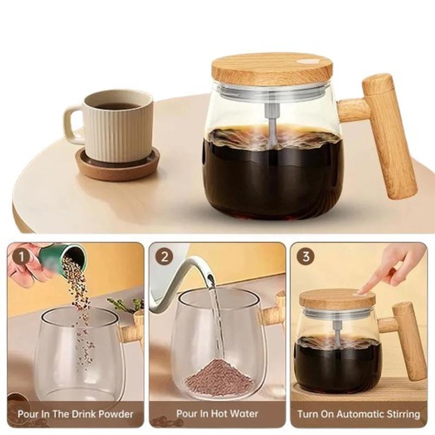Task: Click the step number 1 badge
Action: (22, 257)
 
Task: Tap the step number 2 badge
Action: (165, 257)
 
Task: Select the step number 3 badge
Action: (306, 256)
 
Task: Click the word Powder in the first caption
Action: (116, 414)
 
